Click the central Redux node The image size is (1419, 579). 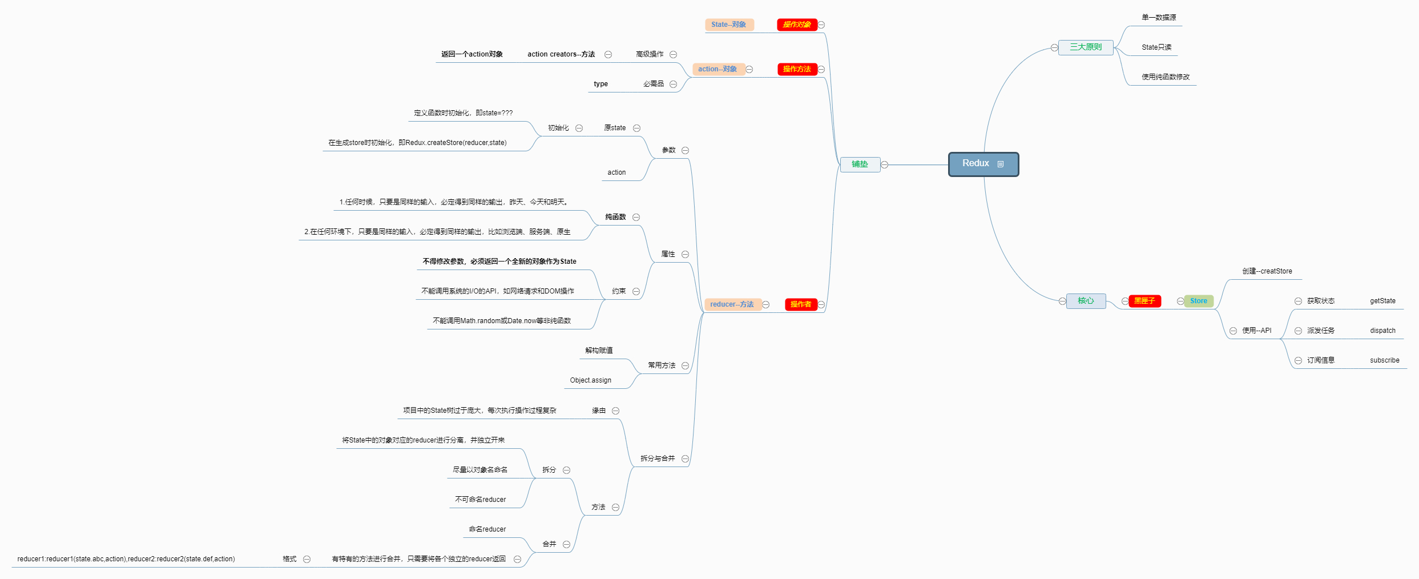coord(975,164)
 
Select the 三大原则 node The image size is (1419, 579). coord(1085,47)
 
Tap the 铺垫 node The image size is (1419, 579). coord(860,164)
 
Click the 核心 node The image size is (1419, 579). coord(1086,301)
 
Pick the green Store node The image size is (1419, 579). coord(1198,301)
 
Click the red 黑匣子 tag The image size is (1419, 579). coord(1144,301)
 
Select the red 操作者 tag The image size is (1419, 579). coord(800,304)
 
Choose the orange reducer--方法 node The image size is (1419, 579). coord(732,304)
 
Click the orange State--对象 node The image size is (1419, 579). coord(729,25)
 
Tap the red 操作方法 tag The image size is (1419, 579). coord(797,69)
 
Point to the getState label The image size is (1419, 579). coord(1382,301)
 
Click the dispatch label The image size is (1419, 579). coord(1382,331)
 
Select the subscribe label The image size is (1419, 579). coord(1384,360)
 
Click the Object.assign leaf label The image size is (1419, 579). coord(590,380)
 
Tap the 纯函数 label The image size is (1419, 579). coord(615,217)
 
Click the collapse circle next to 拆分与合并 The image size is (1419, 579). coord(685,459)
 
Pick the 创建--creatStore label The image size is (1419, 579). coord(1267,271)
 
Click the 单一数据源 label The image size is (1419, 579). coord(1159,18)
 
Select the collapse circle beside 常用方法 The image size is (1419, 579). coord(685,365)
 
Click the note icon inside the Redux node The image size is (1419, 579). coord(1000,164)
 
